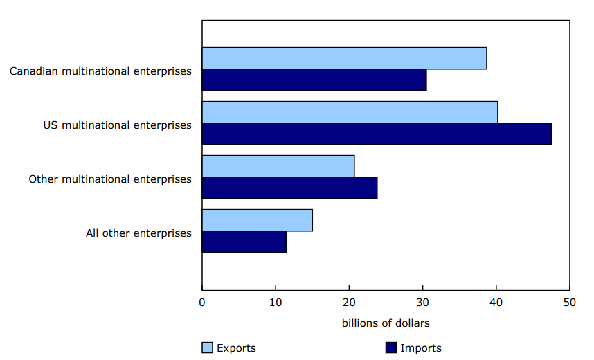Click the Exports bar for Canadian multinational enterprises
click(344, 58)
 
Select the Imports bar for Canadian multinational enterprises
click(314, 80)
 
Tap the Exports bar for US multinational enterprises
click(350, 112)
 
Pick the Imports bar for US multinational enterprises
click(377, 134)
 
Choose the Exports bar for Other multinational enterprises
click(278, 166)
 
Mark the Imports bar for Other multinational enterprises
click(289, 188)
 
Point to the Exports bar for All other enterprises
click(257, 220)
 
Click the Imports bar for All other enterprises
click(244, 242)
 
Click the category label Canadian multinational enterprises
click(100, 71)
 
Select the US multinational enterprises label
click(117, 125)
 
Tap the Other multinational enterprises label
click(110, 179)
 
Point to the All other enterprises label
click(138, 233)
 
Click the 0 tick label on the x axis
click(202, 303)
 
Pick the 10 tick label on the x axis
click(276, 303)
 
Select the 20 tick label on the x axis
click(349, 303)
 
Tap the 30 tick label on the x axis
click(422, 303)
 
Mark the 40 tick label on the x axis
click(496, 303)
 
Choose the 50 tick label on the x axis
click(569, 303)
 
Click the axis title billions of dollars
click(386, 323)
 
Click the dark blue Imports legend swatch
click(389, 348)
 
